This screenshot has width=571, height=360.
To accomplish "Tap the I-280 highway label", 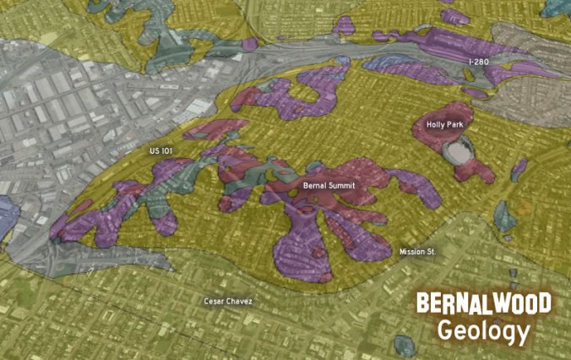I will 479,63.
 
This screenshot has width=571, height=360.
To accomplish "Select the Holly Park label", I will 444,124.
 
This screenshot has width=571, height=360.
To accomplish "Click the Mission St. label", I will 416,252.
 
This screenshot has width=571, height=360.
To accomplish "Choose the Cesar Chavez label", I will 227,301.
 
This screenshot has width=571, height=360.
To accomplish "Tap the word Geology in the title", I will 483,331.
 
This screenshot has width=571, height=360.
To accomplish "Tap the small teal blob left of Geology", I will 405,344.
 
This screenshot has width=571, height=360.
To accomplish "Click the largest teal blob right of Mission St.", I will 505,216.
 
